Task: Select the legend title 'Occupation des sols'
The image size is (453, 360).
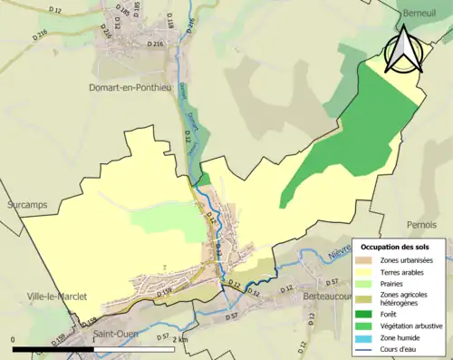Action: point(400,247)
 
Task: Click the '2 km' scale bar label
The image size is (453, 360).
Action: point(179,339)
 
